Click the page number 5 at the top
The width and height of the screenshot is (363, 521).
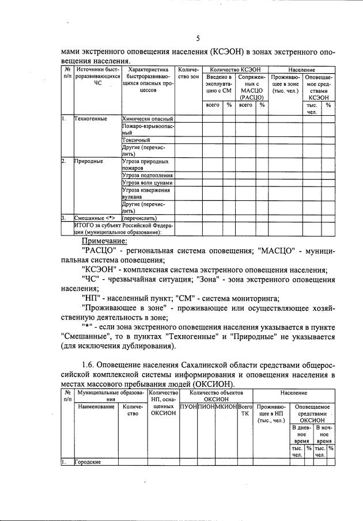coord(198,39)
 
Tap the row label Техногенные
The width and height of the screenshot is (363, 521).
coord(90,119)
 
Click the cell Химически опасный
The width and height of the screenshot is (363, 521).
coord(147,119)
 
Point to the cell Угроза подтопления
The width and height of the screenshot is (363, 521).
coord(148,175)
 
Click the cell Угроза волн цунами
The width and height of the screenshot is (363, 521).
coord(148,182)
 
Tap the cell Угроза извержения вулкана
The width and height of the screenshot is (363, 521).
coord(146,193)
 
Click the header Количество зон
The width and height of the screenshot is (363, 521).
coord(188,73)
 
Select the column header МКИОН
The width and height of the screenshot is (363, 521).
coord(225,406)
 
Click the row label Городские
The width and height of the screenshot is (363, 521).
coord(88,462)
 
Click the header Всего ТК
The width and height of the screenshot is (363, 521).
coord(245,410)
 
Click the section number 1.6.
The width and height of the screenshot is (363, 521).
coord(88,364)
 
